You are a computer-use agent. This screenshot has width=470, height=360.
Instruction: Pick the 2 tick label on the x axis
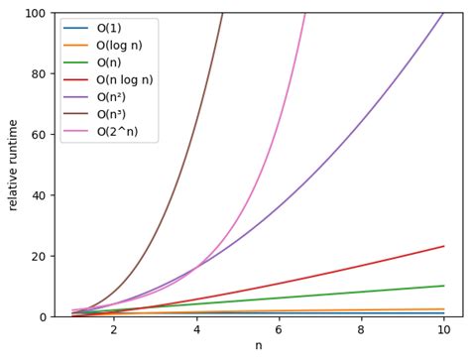coord(113,330)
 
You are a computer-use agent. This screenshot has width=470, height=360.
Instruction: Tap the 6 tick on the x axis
coord(279,330)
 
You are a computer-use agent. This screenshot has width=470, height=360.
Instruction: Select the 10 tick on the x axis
coord(444,330)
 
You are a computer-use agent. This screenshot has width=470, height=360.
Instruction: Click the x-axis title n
coord(258,346)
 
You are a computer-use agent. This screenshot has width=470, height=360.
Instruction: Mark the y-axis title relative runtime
coord(14,165)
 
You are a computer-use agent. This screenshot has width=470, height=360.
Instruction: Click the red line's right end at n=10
coord(443,246)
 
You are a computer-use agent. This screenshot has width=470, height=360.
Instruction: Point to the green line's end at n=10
coord(443,286)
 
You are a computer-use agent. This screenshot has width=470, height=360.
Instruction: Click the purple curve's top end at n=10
coord(443,14)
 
